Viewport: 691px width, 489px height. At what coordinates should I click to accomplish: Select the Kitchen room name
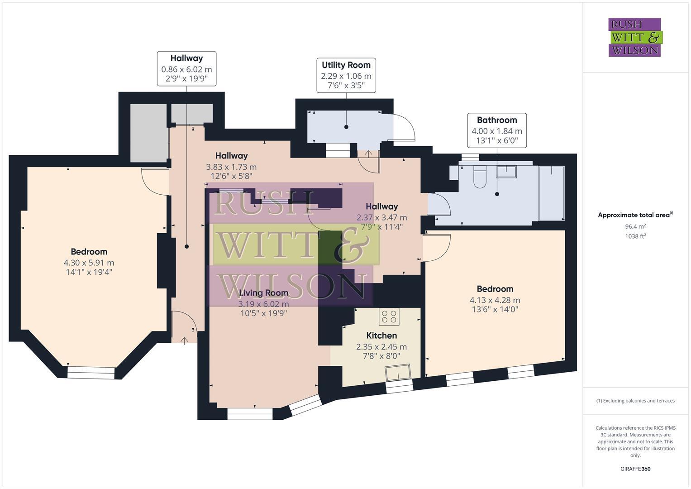(381, 336)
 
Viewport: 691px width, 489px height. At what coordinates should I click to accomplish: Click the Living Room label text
(264, 293)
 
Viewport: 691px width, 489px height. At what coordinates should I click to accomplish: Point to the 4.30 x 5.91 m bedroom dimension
(89, 263)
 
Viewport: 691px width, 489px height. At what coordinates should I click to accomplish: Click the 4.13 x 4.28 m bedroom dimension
(495, 300)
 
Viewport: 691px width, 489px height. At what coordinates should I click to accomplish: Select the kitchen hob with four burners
(389, 316)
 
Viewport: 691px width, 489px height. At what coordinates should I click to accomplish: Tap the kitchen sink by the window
(398, 372)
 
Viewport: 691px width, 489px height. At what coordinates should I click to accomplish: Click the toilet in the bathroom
(479, 177)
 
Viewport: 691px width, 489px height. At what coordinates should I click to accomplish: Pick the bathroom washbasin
(506, 171)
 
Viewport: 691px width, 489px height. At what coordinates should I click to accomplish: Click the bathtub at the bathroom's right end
(551, 193)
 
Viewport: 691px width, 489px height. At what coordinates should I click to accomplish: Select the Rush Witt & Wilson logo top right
(634, 38)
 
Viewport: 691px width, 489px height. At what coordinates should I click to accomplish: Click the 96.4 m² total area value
(635, 226)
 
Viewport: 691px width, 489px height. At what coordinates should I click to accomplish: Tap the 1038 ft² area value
(635, 236)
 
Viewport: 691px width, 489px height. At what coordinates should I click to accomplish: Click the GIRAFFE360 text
(635, 469)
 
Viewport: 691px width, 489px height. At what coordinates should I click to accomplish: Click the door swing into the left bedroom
(154, 179)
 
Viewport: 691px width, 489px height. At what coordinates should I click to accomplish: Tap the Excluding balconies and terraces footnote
(635, 401)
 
